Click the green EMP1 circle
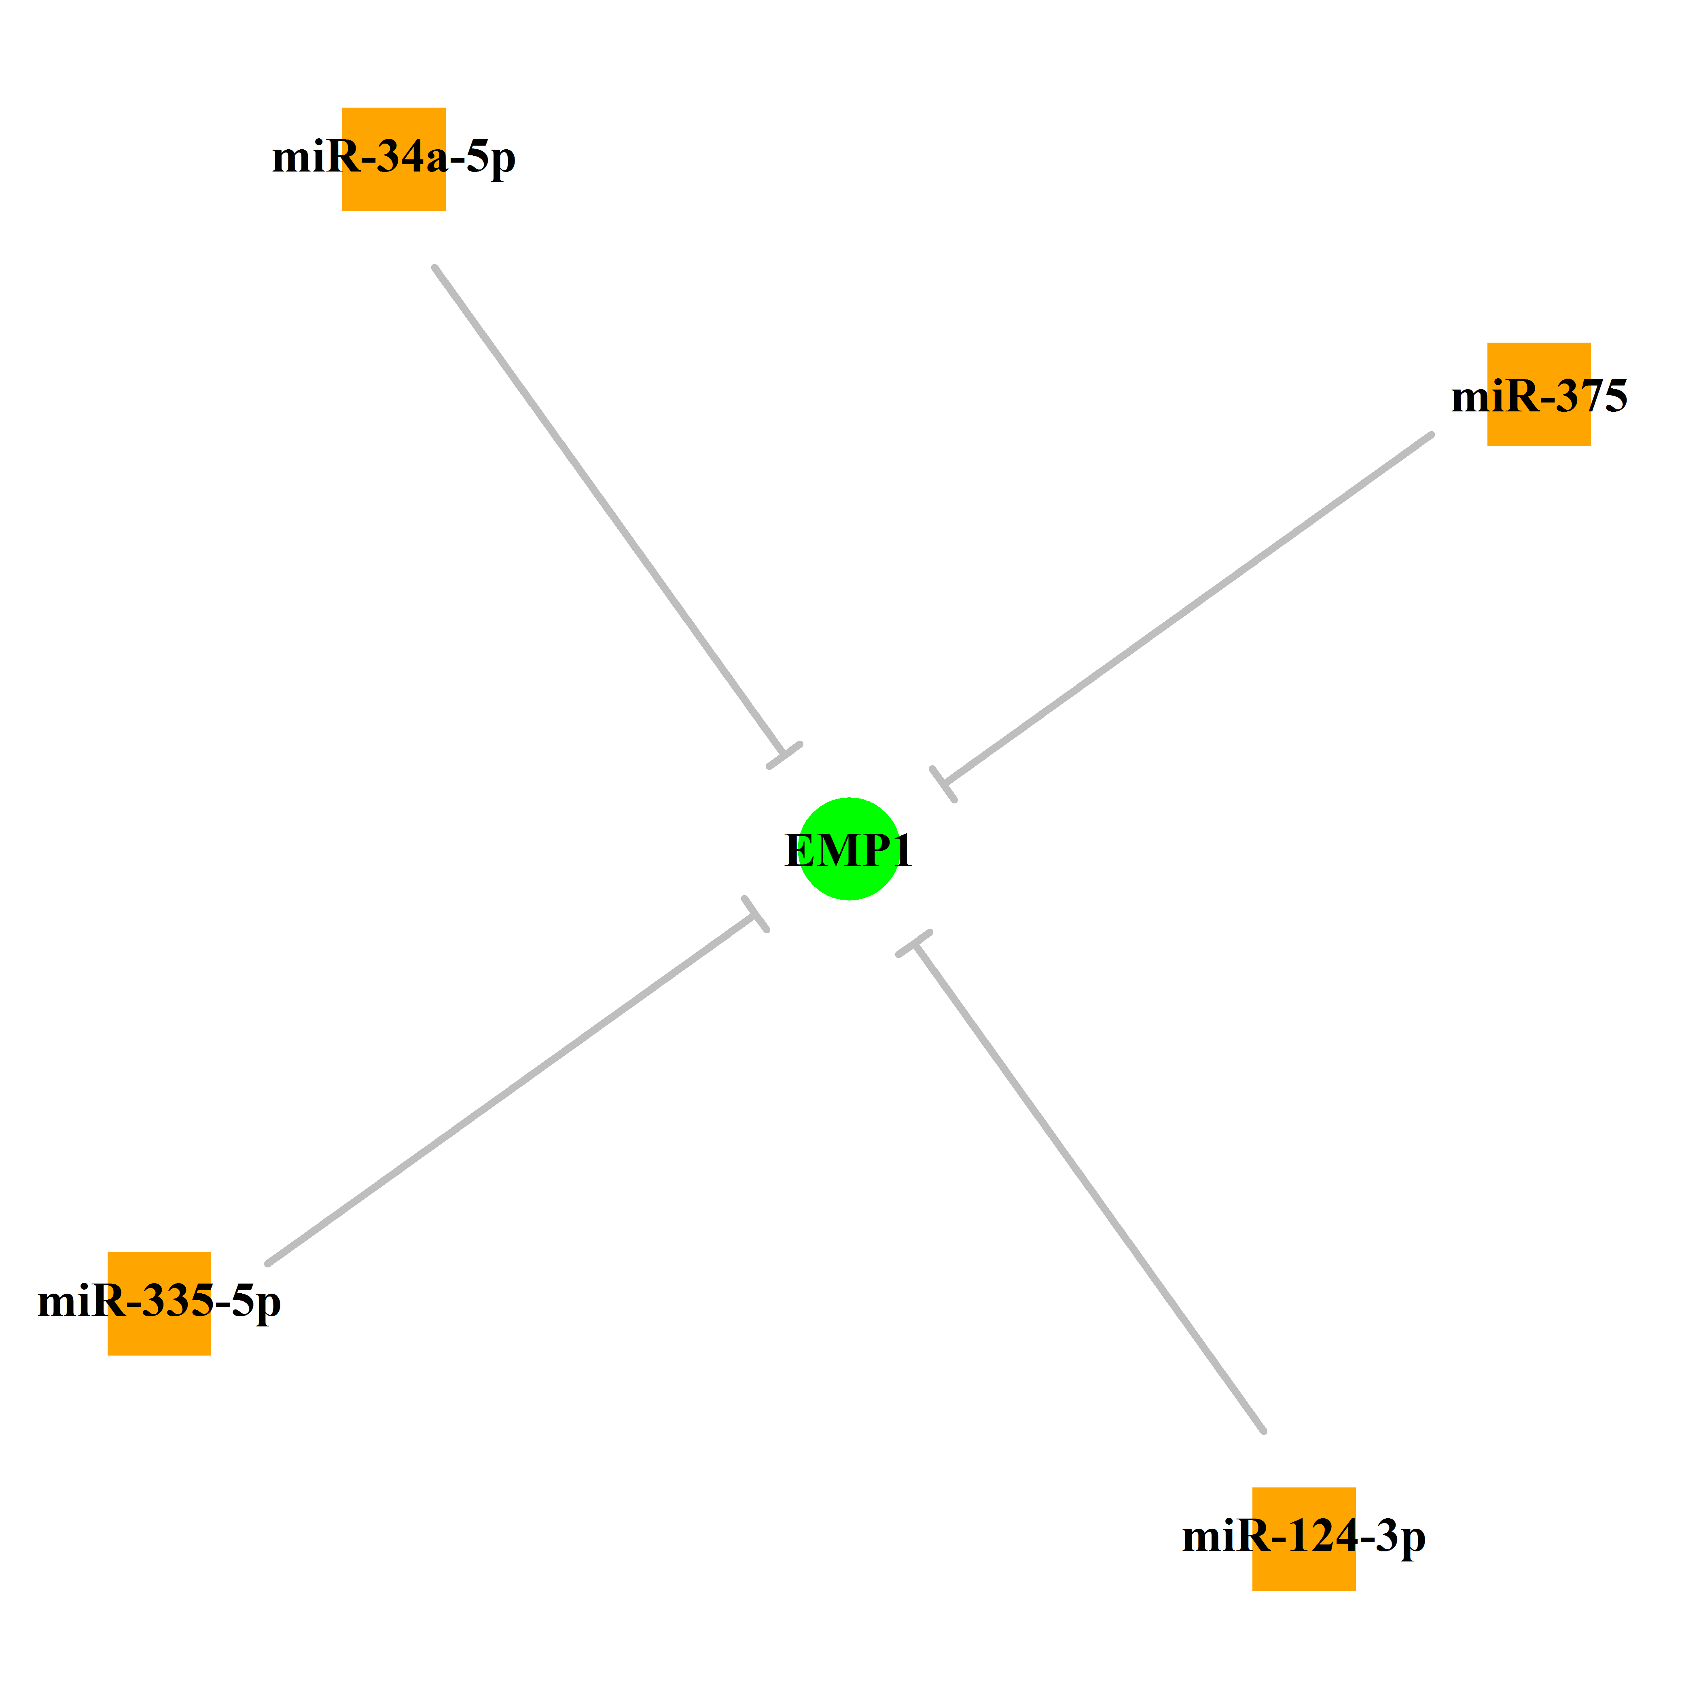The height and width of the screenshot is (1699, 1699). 849,849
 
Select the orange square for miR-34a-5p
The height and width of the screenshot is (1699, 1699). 394,159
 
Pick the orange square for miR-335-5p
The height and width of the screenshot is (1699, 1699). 159,1303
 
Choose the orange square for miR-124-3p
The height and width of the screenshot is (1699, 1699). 1304,1539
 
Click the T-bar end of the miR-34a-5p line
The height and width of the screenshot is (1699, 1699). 784,755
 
